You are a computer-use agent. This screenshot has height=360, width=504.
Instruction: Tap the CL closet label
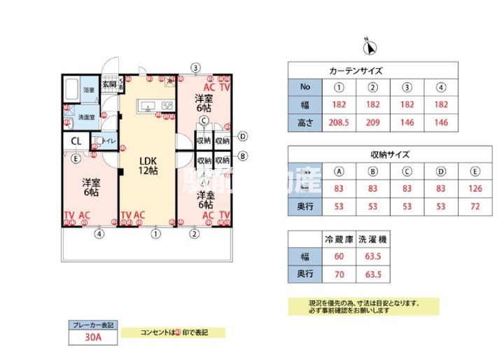tap(76, 141)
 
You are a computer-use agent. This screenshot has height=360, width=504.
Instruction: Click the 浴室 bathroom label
tap(88, 91)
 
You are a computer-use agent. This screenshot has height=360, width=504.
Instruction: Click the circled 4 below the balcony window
tap(99, 234)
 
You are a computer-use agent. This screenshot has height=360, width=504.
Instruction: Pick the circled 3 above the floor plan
tap(196, 68)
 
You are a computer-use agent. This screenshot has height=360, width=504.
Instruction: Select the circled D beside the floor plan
tap(242, 137)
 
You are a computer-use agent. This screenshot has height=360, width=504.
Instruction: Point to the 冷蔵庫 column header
tap(339, 239)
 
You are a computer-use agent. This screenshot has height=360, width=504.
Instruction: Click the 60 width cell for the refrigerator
tap(339, 256)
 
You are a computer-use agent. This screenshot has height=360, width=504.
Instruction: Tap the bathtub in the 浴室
tap(71, 90)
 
